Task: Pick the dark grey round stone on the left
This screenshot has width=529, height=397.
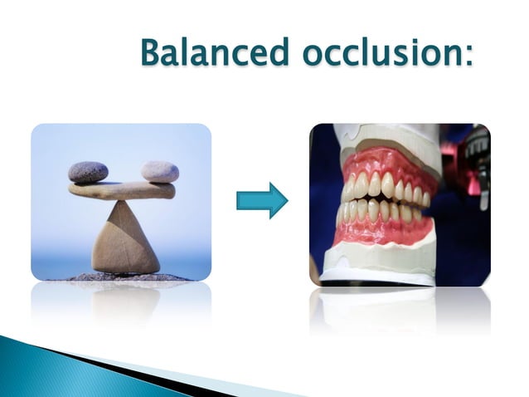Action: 88,172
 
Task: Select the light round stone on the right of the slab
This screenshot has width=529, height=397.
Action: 159,172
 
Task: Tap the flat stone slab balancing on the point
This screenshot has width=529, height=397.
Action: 122,190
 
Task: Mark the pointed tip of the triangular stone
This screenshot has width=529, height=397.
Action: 121,203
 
